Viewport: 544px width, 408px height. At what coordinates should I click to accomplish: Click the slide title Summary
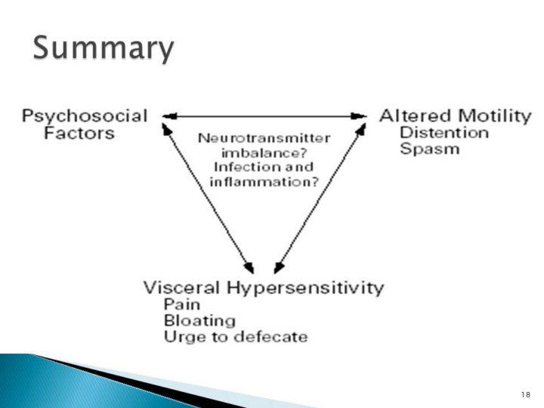(x=104, y=51)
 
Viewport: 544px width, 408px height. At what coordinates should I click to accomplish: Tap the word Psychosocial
(x=84, y=116)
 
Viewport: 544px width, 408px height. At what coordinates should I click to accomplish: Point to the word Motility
(x=490, y=116)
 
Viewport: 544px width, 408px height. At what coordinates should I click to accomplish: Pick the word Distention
(x=444, y=132)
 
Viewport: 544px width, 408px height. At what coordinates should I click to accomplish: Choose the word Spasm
(x=429, y=149)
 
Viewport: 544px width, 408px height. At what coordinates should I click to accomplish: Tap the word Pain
(x=181, y=305)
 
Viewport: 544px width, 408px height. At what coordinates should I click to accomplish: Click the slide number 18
(x=526, y=395)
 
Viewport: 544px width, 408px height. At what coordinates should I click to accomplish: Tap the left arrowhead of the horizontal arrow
(x=168, y=116)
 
